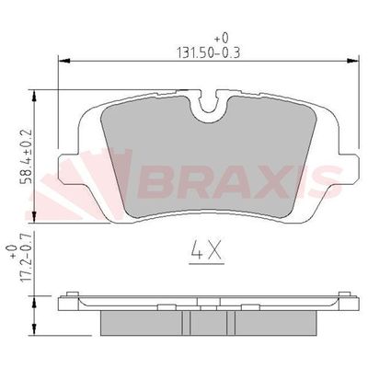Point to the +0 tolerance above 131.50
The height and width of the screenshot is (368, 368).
coord(221,38)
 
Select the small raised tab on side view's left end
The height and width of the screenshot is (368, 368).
coord(69,296)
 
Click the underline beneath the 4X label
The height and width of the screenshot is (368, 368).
coord(206,262)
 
